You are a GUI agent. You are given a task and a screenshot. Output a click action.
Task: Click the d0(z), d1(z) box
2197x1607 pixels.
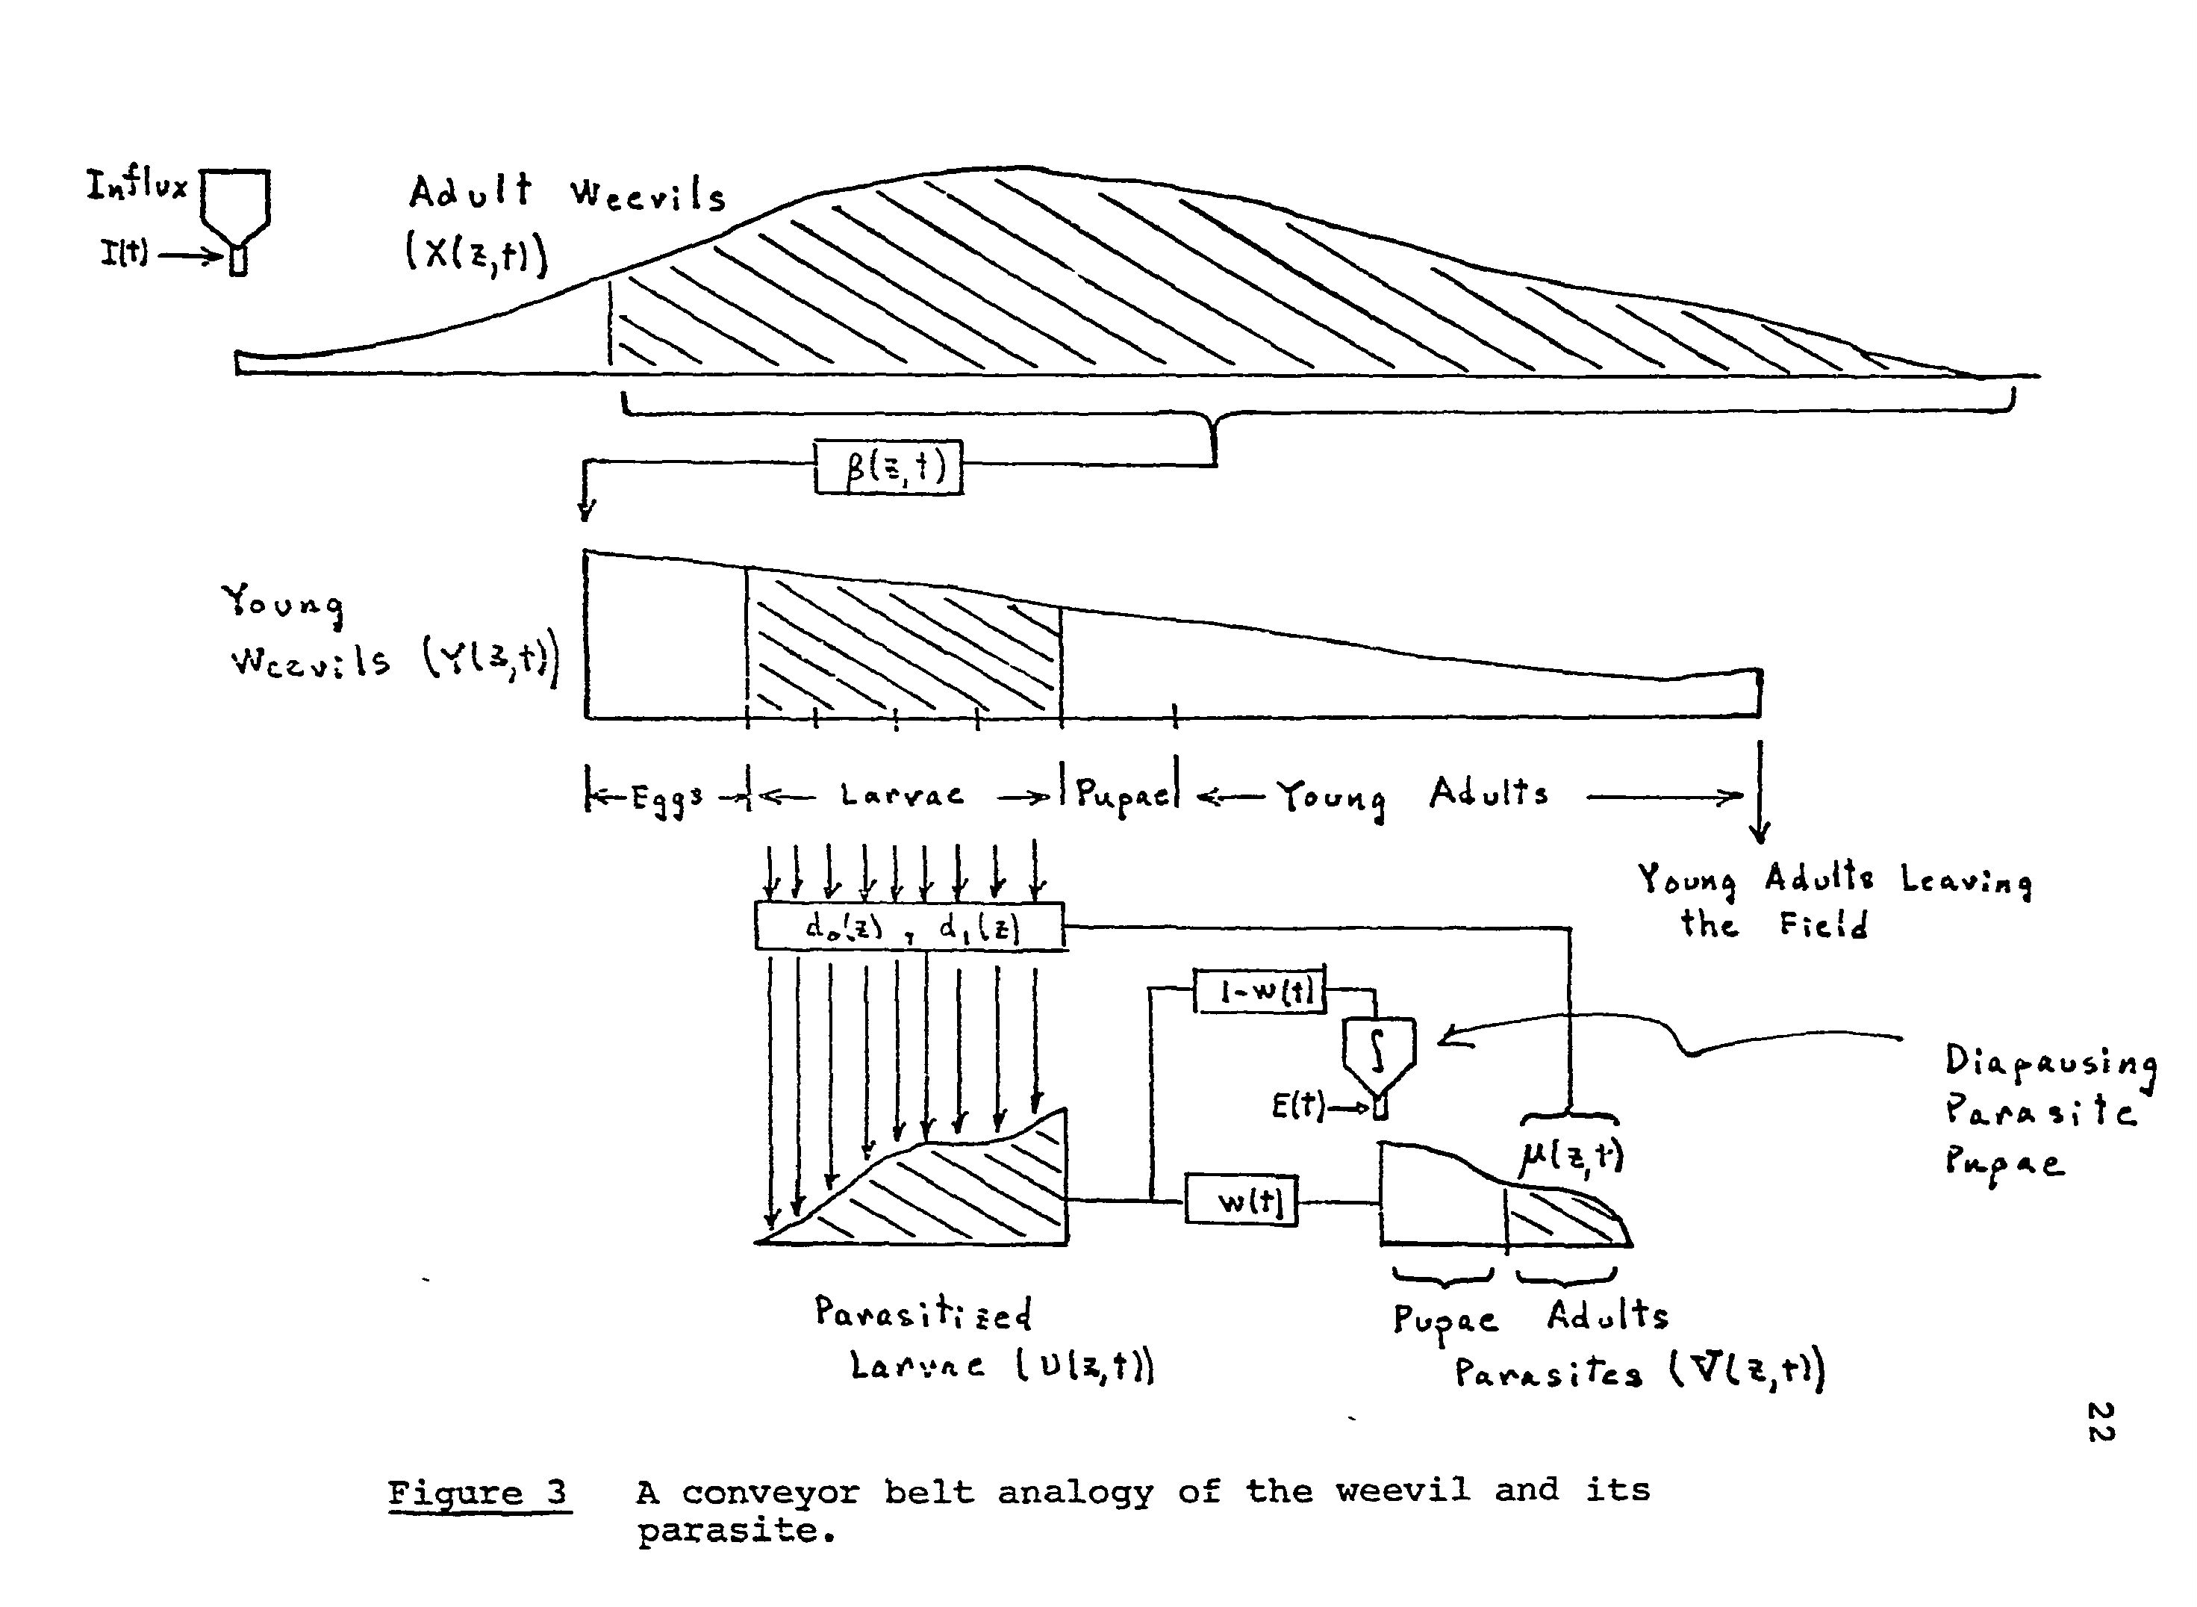[x=909, y=926]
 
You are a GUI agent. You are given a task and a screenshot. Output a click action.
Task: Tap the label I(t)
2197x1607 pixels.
[x=123, y=254]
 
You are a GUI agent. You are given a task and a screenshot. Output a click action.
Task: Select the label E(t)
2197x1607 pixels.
[x=1297, y=1106]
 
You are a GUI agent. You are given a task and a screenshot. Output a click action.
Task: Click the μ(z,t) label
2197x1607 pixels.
[x=1570, y=1156]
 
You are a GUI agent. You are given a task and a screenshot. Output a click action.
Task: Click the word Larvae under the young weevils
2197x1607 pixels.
[x=903, y=796]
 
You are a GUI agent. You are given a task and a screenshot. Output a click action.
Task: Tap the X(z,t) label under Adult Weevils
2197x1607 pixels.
[x=476, y=254]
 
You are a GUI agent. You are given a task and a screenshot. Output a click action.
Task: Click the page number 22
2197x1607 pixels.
[x=2101, y=1422]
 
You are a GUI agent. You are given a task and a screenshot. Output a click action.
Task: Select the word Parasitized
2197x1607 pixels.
[x=922, y=1314]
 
